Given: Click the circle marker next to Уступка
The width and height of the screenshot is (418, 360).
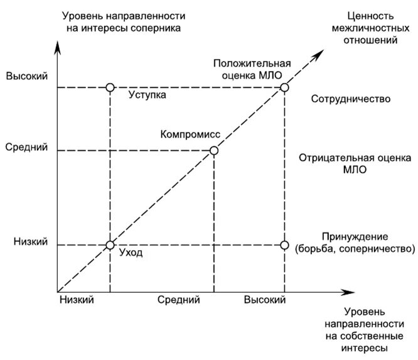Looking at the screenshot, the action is (110, 87).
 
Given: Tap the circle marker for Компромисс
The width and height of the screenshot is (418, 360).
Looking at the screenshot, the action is (214, 150).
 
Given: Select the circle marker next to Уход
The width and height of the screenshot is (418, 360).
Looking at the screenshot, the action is (110, 245).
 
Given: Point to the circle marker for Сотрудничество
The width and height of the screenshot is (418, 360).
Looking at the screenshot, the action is (284, 87).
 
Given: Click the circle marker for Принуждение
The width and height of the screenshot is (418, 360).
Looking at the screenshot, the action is (284, 245).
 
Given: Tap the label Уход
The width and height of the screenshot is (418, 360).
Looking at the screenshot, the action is (131, 253).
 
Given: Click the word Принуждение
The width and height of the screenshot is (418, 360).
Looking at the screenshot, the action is (355, 237).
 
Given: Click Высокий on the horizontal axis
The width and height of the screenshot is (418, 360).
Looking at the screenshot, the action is (265, 300).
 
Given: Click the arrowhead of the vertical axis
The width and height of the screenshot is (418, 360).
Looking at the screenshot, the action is (58, 46).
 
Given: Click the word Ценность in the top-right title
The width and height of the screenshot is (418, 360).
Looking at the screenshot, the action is (370, 16).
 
